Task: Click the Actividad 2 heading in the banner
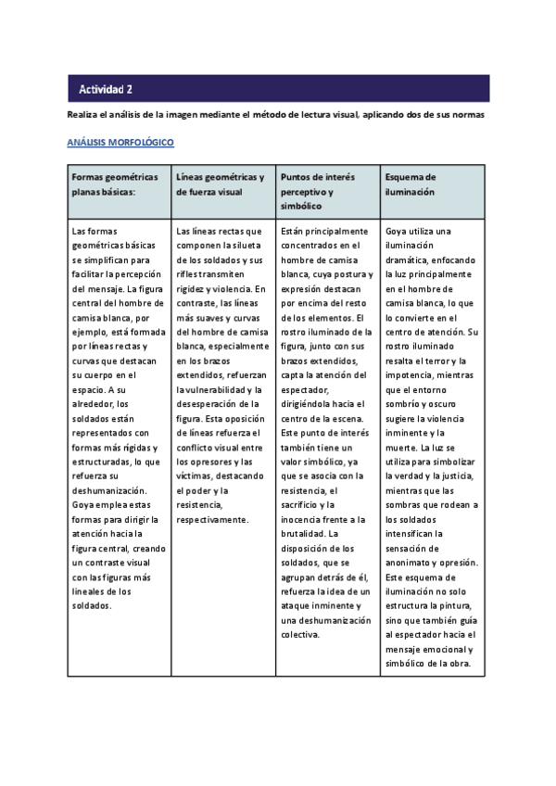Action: tap(106, 89)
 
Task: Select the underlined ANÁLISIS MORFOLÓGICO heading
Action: tap(120, 144)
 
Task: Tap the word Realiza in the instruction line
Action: tap(82, 115)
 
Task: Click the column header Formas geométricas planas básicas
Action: tap(115, 184)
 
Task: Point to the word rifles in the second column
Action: tap(188, 274)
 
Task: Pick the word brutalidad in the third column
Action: tap(300, 534)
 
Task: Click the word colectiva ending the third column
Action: tap(299, 634)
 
